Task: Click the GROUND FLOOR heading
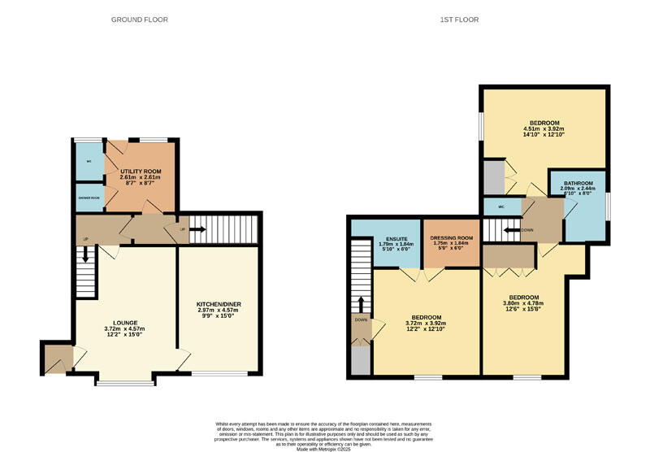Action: tap(140, 20)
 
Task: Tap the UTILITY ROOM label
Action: tap(140, 172)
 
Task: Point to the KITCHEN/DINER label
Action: tap(219, 305)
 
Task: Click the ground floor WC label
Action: tap(89, 161)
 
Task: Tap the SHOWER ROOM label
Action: tap(89, 198)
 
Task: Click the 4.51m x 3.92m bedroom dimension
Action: tap(543, 128)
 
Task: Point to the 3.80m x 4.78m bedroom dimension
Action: tap(524, 303)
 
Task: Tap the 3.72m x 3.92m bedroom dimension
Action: tap(426, 323)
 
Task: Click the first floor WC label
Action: tap(501, 206)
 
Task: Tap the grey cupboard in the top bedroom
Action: tap(493, 176)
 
